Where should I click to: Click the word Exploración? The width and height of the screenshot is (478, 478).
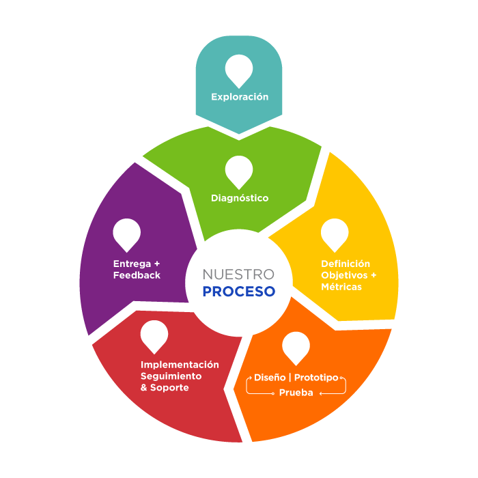(239, 97)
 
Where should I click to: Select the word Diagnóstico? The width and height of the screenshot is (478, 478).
(239, 198)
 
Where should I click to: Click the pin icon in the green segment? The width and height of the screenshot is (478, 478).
(239, 171)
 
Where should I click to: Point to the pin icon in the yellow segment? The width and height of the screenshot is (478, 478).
(335, 234)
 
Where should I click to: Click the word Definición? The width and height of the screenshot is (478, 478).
(346, 264)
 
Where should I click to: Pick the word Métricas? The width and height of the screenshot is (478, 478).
(341, 287)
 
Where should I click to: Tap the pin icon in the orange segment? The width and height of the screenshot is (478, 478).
(296, 346)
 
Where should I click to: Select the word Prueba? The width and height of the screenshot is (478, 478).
(296, 393)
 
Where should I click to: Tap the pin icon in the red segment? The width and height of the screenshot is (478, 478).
(154, 335)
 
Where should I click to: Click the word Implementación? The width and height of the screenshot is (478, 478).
(180, 365)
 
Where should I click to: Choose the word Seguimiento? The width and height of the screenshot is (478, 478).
(171, 376)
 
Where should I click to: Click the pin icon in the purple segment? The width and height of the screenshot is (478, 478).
(127, 234)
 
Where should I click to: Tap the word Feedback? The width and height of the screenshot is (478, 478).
(137, 275)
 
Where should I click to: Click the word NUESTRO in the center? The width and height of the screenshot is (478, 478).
(238, 275)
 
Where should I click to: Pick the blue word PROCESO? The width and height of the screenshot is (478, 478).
(238, 292)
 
